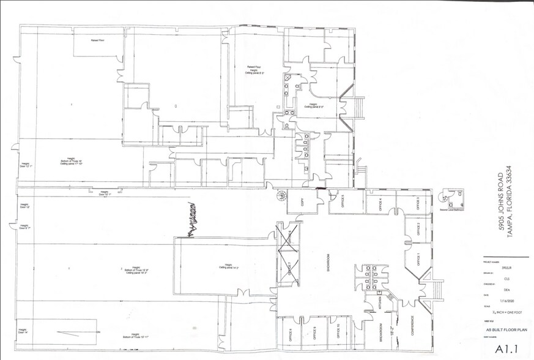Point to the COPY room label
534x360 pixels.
coord(302,203)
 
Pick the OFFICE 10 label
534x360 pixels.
coord(338,332)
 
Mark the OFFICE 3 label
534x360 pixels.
coord(418,204)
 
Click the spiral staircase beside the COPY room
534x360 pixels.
coord(281,196)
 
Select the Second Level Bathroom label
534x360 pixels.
coord(453,209)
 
